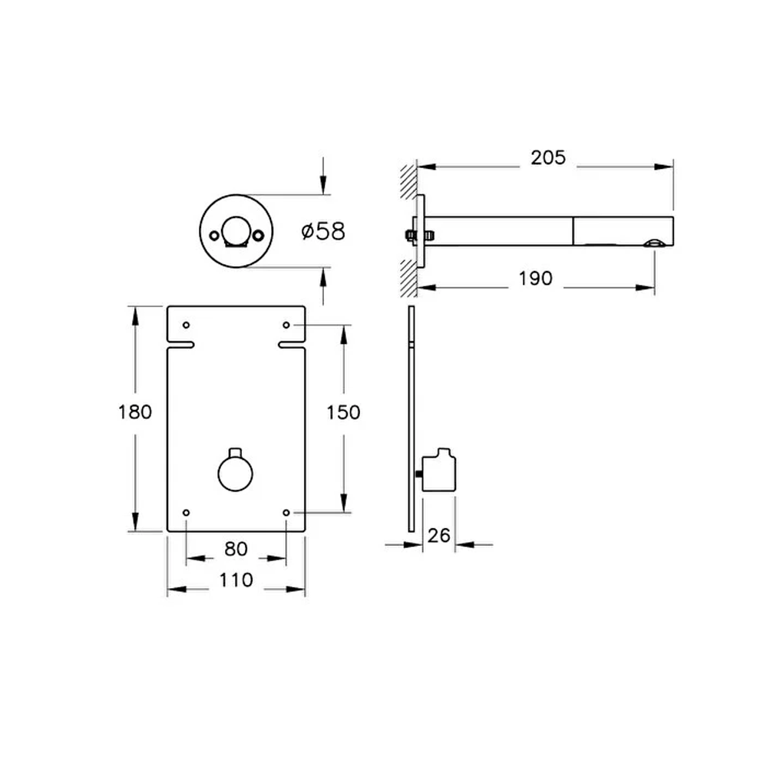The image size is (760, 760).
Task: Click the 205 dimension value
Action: [x=547, y=157]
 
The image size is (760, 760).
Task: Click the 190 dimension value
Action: [x=534, y=279]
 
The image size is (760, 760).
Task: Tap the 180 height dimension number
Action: [x=134, y=412]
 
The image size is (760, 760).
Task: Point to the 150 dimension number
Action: [x=343, y=412]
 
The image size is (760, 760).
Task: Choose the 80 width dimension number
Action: [x=236, y=549]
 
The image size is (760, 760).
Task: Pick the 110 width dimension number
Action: [x=236, y=580]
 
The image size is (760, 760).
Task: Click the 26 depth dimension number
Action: [x=438, y=535]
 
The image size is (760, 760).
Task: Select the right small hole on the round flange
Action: [x=261, y=231]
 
